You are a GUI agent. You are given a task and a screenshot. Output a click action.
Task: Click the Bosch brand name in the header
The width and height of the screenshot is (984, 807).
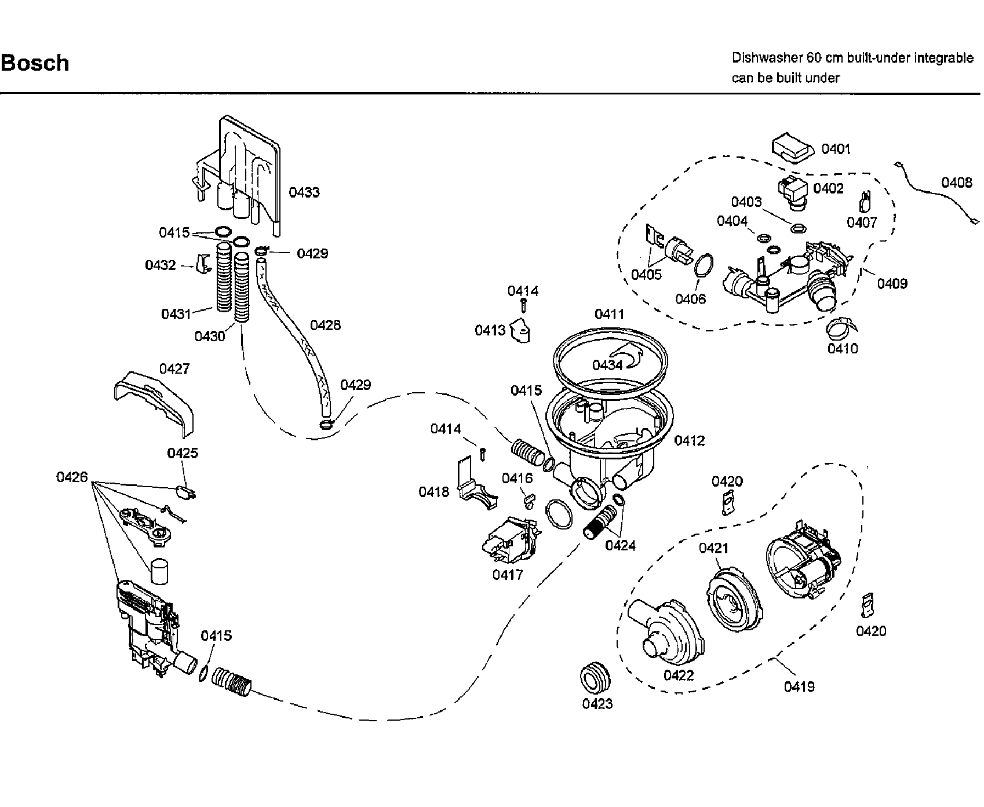[35, 63]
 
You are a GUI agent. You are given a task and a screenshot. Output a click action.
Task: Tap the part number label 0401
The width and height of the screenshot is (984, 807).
[836, 149]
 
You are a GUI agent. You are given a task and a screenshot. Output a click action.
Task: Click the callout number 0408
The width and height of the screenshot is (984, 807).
[956, 183]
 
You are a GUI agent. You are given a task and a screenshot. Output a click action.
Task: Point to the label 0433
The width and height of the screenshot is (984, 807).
[304, 192]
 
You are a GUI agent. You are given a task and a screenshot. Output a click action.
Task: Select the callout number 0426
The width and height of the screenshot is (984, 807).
[72, 477]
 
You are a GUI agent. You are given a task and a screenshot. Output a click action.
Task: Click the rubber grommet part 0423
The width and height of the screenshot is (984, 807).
[596, 677]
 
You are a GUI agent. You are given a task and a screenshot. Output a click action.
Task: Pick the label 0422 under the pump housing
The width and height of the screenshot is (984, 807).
[679, 675]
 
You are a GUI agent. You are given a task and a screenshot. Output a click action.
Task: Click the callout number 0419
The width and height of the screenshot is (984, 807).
[799, 687]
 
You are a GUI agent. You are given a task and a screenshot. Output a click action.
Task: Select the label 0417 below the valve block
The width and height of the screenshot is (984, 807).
[508, 575]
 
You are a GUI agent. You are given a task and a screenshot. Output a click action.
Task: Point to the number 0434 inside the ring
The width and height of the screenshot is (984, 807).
[607, 365]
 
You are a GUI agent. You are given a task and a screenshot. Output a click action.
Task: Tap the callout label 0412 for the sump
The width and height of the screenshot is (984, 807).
[690, 441]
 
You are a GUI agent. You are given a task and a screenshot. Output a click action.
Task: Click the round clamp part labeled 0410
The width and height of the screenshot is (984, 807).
[840, 329]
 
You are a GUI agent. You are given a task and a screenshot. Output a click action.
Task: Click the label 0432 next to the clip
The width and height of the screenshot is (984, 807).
[161, 265]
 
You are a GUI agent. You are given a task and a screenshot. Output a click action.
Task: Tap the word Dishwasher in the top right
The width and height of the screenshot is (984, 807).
[766, 58]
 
